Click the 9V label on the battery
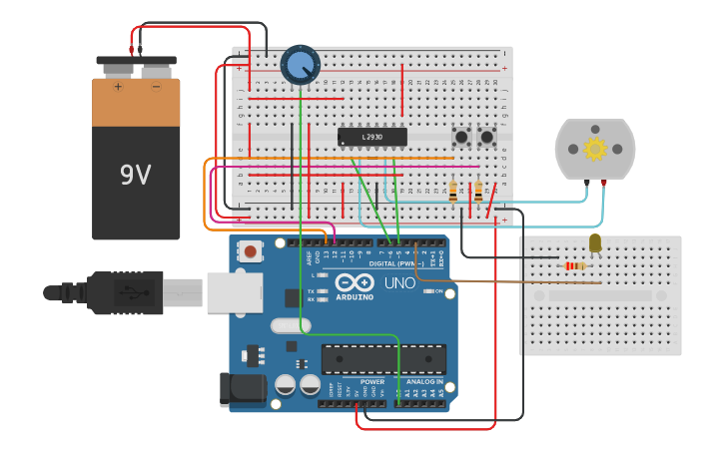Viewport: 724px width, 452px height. click(x=136, y=175)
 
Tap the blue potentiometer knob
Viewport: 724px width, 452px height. click(x=300, y=65)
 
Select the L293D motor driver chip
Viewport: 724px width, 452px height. click(x=372, y=136)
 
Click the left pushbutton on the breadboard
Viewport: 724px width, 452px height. click(x=462, y=136)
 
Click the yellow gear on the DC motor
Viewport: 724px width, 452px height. click(x=595, y=150)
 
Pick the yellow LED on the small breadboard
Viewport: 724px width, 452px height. click(x=595, y=243)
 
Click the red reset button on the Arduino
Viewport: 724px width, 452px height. click(x=250, y=252)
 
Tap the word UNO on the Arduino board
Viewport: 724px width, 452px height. click(x=399, y=283)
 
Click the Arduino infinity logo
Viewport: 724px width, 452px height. click(x=355, y=282)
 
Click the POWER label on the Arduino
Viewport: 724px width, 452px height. click(x=371, y=382)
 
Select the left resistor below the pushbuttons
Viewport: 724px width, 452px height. click(x=454, y=191)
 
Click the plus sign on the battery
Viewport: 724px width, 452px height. click(x=118, y=87)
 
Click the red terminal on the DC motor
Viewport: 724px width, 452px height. click(x=604, y=183)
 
